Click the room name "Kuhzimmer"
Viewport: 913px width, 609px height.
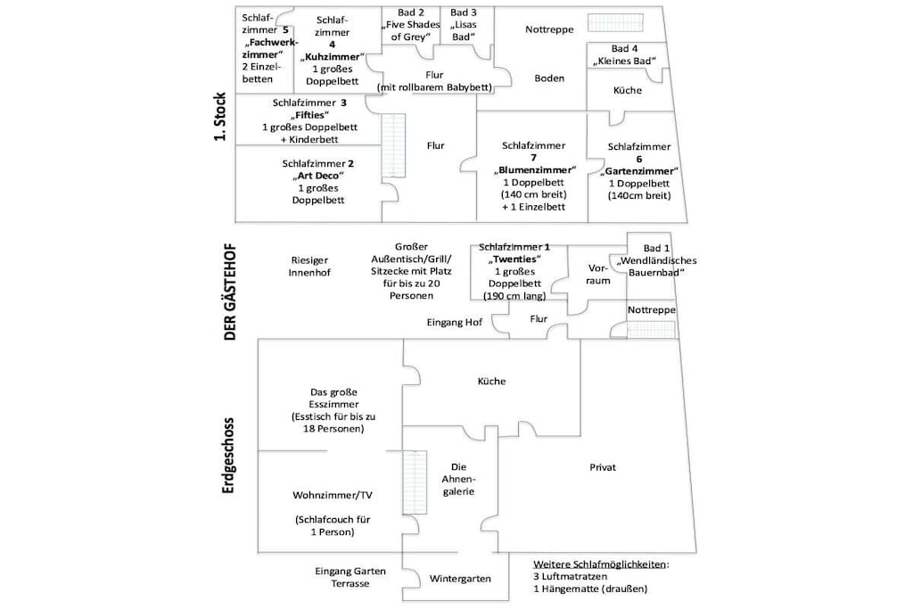pos(332,57)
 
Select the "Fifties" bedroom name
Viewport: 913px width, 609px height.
pos(309,115)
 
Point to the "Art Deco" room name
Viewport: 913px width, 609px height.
pos(318,176)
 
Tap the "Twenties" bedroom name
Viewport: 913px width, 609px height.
pos(514,259)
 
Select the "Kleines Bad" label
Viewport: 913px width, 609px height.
pos(625,62)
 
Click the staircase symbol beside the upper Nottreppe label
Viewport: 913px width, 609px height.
pos(615,22)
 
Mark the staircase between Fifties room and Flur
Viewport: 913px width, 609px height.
pos(393,145)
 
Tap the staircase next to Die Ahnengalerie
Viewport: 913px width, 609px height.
pos(415,482)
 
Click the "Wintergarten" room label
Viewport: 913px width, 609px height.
pos(460,579)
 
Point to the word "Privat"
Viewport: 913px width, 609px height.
pos(603,467)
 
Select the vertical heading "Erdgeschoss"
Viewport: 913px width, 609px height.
pos(228,456)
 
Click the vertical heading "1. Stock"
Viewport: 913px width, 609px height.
pos(220,117)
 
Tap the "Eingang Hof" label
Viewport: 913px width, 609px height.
pos(454,323)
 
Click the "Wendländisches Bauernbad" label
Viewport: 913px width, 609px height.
pos(657,267)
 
